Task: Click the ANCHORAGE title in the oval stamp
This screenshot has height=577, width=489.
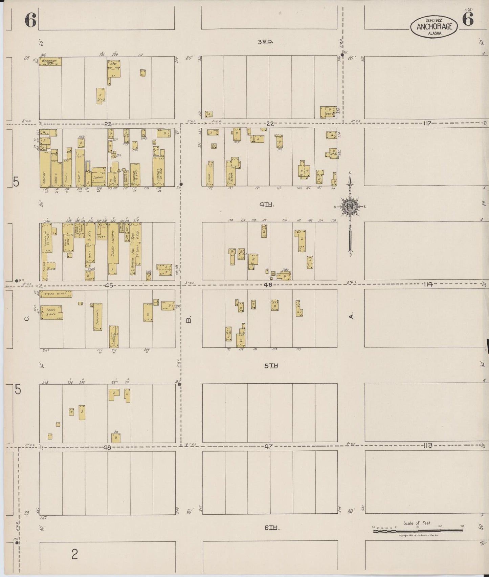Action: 434,27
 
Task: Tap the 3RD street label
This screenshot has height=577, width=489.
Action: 266,42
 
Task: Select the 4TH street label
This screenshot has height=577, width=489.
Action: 266,204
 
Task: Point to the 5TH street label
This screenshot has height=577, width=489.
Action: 271,366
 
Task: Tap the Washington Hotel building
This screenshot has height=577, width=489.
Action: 50,61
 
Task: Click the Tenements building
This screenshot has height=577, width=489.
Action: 98,317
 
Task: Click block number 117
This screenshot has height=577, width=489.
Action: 427,124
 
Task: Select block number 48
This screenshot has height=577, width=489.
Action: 107,447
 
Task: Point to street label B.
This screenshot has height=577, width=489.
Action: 190,319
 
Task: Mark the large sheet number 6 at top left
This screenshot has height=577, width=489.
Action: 30,21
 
